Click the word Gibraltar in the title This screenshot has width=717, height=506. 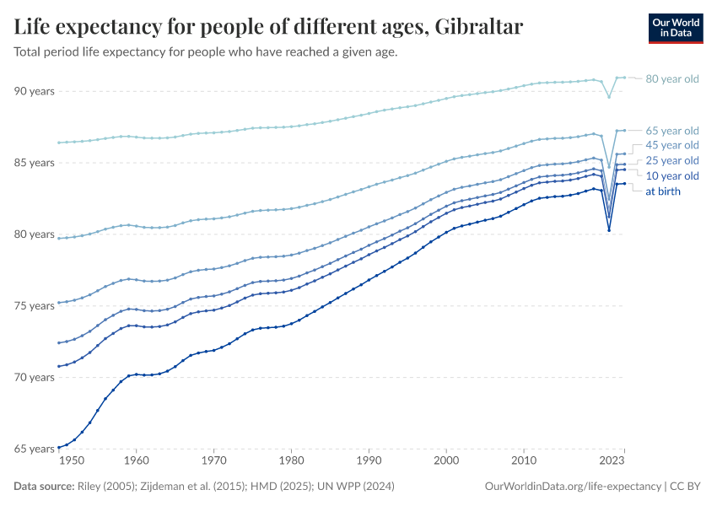(477, 27)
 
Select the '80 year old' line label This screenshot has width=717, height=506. (671, 79)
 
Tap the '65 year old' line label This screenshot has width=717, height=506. (671, 131)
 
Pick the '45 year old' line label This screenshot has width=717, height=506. (671, 145)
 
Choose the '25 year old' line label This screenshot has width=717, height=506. (671, 160)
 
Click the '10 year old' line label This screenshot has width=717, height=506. (671, 175)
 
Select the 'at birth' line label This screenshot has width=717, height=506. (663, 191)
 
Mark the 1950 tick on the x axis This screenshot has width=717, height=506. (73, 461)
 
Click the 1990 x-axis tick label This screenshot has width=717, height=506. (369, 461)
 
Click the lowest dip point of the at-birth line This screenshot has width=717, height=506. (609, 230)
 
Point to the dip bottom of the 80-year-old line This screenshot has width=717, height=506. (609, 97)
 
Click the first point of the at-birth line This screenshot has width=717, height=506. (58, 447)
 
